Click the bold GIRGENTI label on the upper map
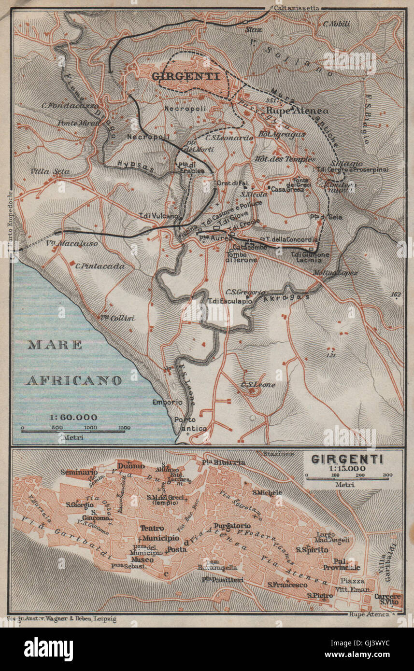pyautogui.click(x=186, y=76)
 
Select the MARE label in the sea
pyautogui.click(x=55, y=345)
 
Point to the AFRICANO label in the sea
pyautogui.click(x=73, y=380)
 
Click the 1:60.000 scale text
pyautogui.click(x=73, y=417)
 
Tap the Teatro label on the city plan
pyautogui.click(x=152, y=528)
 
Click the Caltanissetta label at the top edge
pyautogui.click(x=292, y=8)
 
